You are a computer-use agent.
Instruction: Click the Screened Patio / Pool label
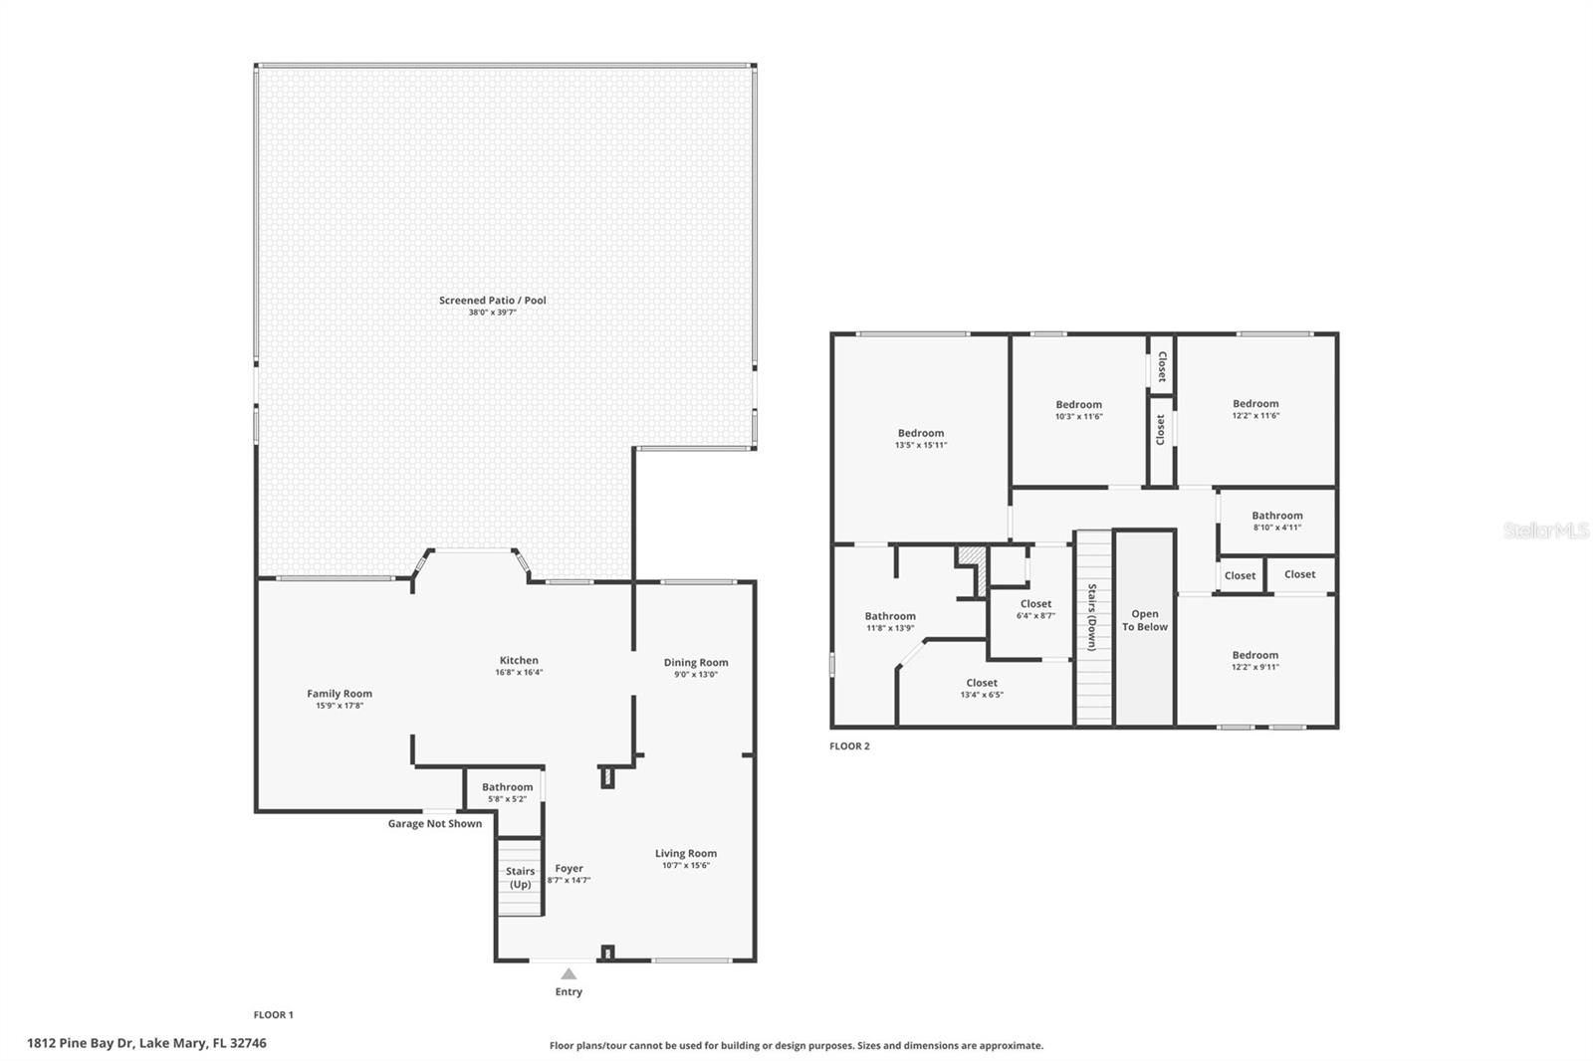coord(492,300)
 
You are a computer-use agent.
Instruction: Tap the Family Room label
coord(339,694)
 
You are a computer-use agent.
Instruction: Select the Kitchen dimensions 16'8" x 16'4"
coord(519,673)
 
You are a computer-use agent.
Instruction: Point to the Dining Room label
coord(695,662)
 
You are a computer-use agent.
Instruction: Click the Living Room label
coord(685,853)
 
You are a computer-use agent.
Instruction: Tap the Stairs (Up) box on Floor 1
coord(520,878)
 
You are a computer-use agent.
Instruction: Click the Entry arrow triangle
coord(569,973)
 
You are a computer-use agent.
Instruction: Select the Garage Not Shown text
coord(434,823)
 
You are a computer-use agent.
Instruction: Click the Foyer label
coord(569,868)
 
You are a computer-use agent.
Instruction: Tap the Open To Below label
coord(1144,620)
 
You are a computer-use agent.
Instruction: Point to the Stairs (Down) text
coord(1092,617)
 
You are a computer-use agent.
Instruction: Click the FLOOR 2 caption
coord(849,745)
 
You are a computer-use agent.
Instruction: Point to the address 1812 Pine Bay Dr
coord(146,1043)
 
